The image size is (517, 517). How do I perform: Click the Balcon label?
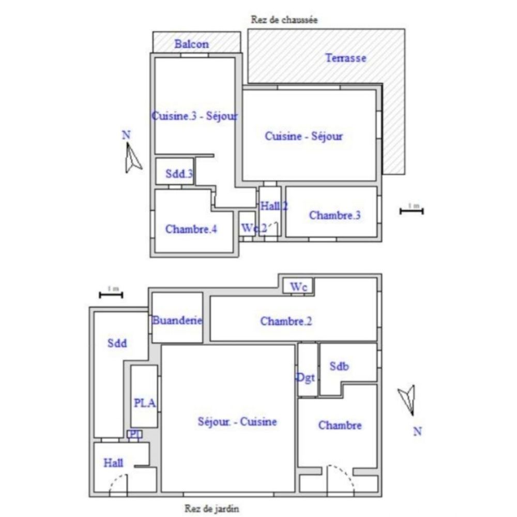[191, 44]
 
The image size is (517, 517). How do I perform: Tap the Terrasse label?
[345, 58]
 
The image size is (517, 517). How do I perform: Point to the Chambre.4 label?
[191, 229]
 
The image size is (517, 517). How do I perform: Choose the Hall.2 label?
[273, 206]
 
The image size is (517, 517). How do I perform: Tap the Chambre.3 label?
[334, 215]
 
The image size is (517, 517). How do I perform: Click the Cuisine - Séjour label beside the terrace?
[303, 136]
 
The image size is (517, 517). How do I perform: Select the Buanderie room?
[176, 320]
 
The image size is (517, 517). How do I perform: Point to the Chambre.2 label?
[286, 321]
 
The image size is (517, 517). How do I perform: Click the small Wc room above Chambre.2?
[298, 286]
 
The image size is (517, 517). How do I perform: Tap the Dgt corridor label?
[306, 377]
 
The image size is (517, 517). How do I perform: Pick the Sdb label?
[339, 366]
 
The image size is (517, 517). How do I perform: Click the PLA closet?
[144, 403]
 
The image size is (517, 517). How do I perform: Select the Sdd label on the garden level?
[117, 342]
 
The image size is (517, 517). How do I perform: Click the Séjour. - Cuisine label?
[237, 421]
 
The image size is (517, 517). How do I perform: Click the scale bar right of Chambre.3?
[412, 209]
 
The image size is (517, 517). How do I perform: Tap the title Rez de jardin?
[212, 508]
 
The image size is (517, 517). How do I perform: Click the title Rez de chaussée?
[284, 20]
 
